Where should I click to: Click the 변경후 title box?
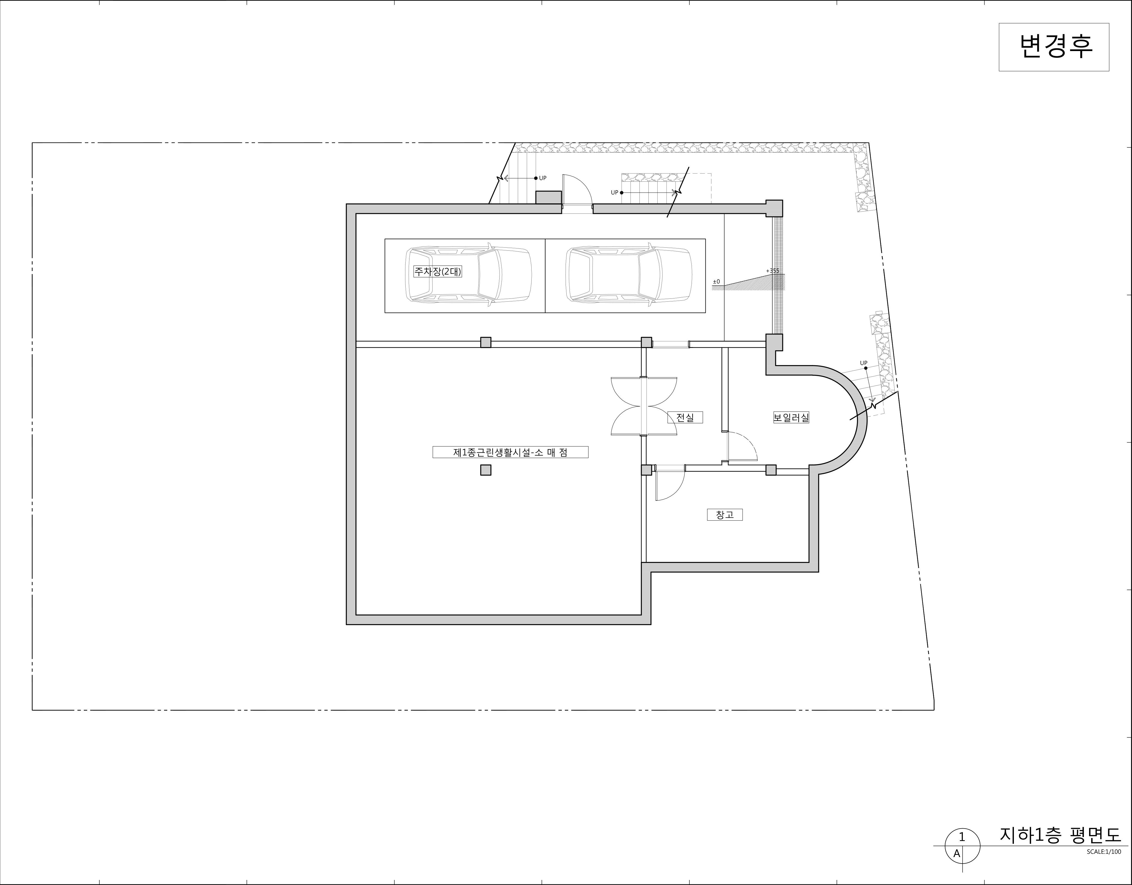(x=1054, y=47)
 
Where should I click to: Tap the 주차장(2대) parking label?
(x=437, y=271)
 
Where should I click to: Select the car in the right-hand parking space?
(x=628, y=274)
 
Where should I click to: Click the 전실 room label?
(x=685, y=417)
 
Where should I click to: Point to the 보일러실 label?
(x=791, y=417)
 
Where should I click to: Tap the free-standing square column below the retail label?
(x=486, y=470)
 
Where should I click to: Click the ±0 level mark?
(x=716, y=282)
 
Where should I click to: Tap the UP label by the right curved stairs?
(x=863, y=363)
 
